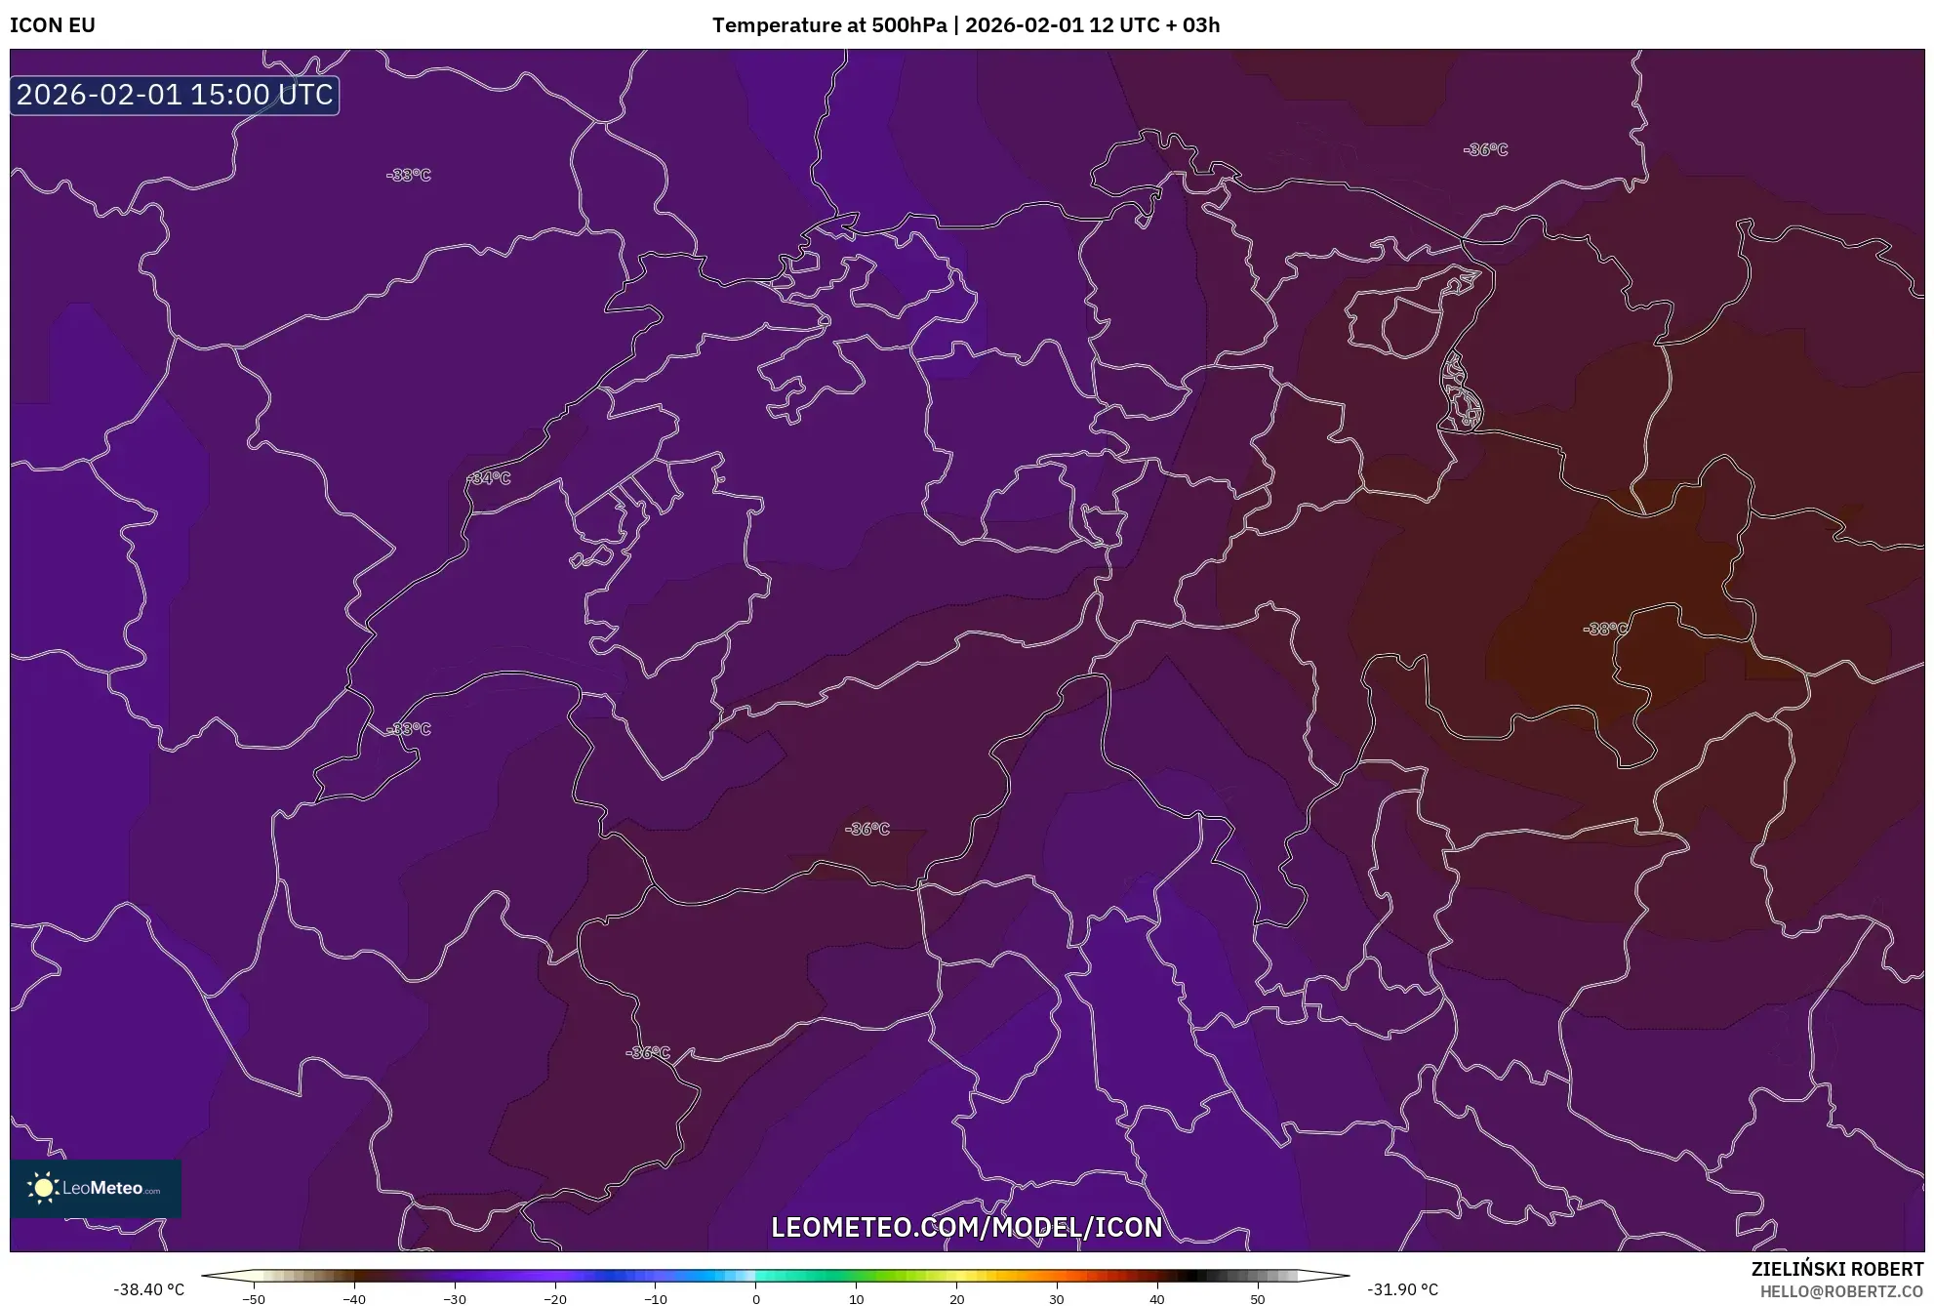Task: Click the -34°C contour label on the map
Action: click(489, 478)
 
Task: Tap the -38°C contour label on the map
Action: click(1605, 629)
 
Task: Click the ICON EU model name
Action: click(53, 25)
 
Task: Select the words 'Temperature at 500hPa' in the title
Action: click(829, 25)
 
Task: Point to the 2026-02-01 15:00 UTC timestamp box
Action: click(175, 96)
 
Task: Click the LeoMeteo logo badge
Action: click(96, 1188)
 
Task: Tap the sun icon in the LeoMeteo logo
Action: click(43, 1188)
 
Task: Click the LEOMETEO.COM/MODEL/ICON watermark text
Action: click(966, 1227)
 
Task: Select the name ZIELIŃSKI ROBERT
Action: click(1836, 1269)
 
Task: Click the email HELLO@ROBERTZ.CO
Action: click(1840, 1291)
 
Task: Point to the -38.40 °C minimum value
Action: click(148, 1289)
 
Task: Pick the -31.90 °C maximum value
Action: click(1402, 1289)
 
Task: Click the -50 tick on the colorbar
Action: click(254, 1298)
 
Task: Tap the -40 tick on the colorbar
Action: click(354, 1298)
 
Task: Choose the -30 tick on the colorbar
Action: click(455, 1298)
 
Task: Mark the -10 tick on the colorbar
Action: click(656, 1298)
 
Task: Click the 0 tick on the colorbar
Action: click(756, 1298)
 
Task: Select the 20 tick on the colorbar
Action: click(956, 1298)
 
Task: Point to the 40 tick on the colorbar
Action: click(1157, 1298)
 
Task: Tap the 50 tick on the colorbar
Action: click(1258, 1298)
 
